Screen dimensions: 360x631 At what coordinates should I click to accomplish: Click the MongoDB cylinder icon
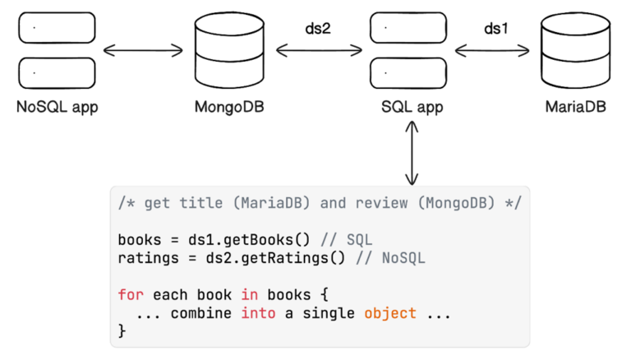pos(229,51)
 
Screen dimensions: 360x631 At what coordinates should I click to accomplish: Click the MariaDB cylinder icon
pos(575,51)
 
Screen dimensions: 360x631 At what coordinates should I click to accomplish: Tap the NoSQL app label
pos(58,107)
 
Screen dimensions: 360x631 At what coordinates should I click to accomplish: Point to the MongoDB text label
pos(229,107)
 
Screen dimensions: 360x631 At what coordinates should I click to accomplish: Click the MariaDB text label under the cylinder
pos(575,107)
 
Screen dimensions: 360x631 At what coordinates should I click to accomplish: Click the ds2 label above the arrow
pos(318,29)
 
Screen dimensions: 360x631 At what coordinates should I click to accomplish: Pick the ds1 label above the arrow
pos(495,29)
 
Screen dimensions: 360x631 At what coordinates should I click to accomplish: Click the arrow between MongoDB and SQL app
pos(319,51)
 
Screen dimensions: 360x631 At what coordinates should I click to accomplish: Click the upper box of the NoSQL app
pos(58,30)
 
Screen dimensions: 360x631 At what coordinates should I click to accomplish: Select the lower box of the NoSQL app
pos(58,73)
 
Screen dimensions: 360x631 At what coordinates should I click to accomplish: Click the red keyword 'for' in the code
pos(130,293)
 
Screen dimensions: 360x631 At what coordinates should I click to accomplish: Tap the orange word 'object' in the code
pos(390,313)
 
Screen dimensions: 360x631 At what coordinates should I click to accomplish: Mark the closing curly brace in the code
pos(122,330)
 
